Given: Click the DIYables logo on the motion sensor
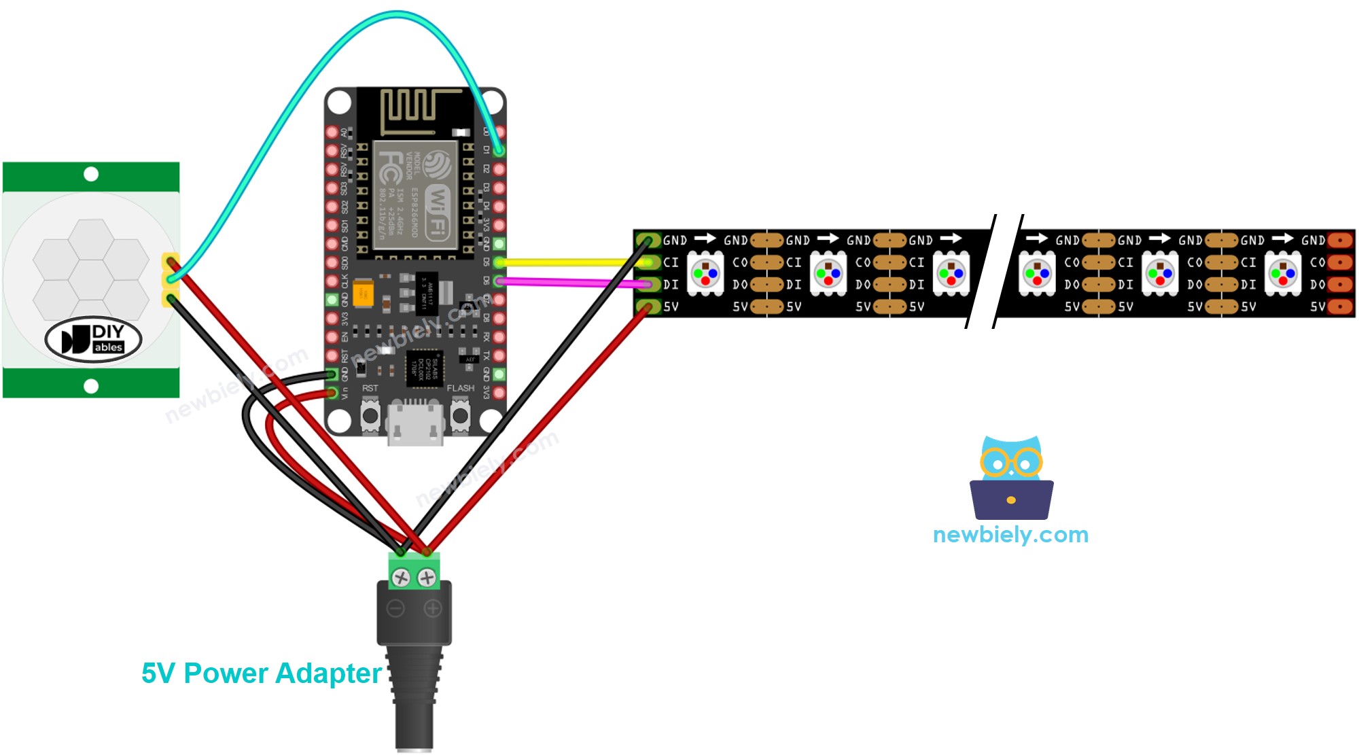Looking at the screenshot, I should pyautogui.click(x=94, y=338).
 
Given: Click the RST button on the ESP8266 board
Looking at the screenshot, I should pyautogui.click(x=370, y=415).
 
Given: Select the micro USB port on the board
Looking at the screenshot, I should pyautogui.click(x=415, y=423).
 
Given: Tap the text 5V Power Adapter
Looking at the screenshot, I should pyautogui.click(x=262, y=673).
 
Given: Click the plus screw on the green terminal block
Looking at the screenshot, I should pyautogui.click(x=427, y=578).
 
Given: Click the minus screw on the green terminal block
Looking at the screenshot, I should pyautogui.click(x=402, y=578).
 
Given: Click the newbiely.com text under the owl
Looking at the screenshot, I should pyautogui.click(x=1010, y=535).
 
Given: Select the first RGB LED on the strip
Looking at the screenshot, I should pyautogui.click(x=705, y=273).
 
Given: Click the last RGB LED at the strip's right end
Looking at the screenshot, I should pyautogui.click(x=1282, y=273).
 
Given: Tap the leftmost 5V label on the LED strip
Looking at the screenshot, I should pyautogui.click(x=671, y=306).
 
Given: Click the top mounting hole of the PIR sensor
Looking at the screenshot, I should pyautogui.click(x=91, y=175).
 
